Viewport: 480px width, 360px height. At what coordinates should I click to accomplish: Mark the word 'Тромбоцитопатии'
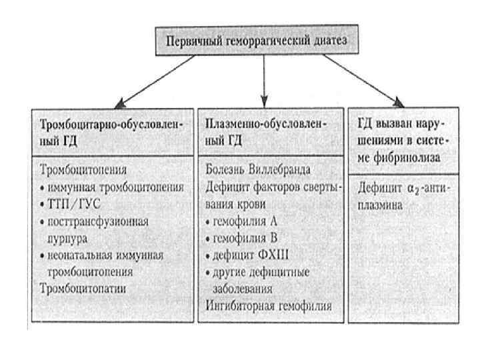pos(84,289)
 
